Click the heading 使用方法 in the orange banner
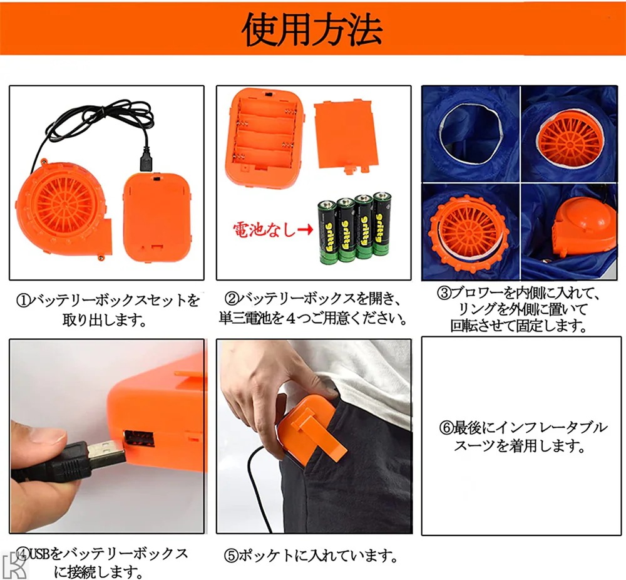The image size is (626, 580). pos(312,29)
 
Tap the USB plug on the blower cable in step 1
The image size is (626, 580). pos(145,159)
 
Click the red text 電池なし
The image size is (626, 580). pos(265,230)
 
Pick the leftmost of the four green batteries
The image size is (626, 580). pos(327,232)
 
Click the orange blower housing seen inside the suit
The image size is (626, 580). pos(583,230)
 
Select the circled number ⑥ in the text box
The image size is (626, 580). pos(446,428)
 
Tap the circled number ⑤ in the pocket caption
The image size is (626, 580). pos(231,556)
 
